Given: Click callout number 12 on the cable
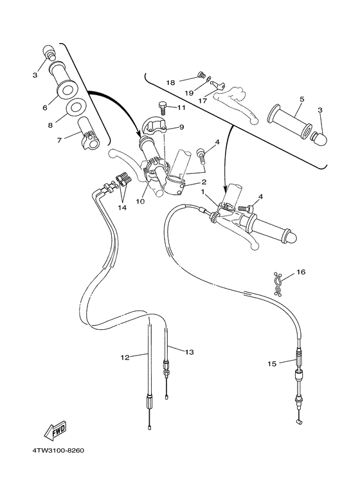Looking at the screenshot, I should pos(125,356).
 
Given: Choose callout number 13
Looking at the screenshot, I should pos(189,352).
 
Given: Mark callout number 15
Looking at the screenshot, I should pos(272,364).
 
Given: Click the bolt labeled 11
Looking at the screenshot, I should pos(163,107).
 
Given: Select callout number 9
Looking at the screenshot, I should pos(182,127).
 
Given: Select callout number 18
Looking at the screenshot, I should pos(170,82).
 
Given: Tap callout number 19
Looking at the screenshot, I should pos(189,93).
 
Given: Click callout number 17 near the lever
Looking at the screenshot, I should pos(202,100).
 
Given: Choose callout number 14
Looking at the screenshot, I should pos(122,208).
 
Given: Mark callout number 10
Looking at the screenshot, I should pos(139,201).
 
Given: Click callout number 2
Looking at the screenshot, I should pos(203,182).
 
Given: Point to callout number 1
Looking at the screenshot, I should pos(203,192).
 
